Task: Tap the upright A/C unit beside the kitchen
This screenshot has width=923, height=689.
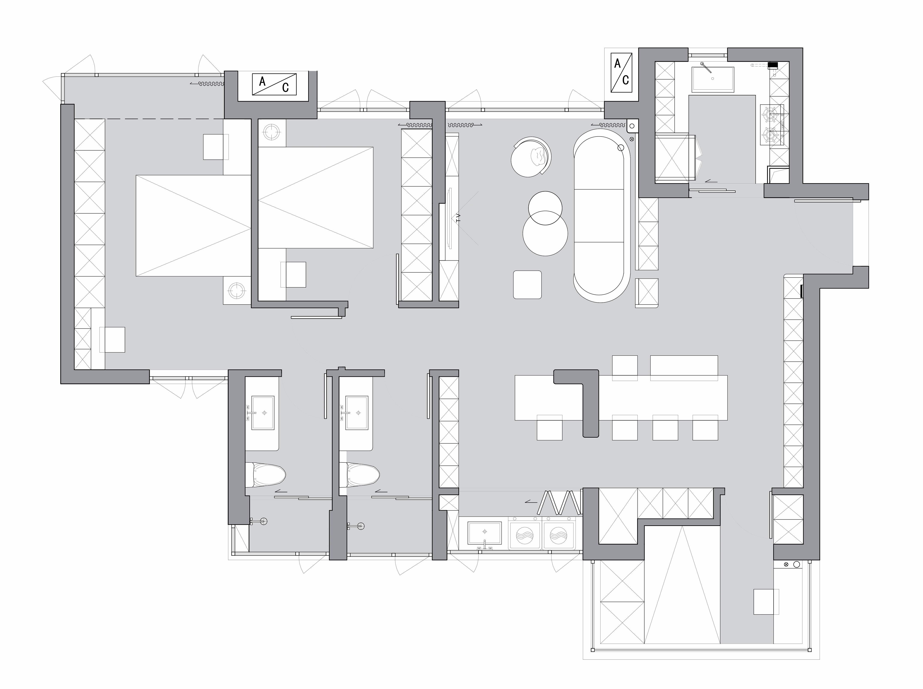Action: [621, 73]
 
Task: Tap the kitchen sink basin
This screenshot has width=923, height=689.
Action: [712, 79]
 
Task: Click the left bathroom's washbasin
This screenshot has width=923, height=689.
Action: [263, 413]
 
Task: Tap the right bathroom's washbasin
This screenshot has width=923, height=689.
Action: [357, 413]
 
